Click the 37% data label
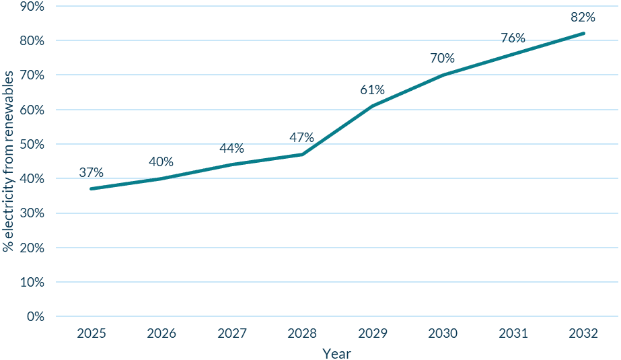(91, 172)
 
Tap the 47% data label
(302, 138)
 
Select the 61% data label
(372, 89)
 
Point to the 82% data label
(583, 17)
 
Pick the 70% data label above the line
(443, 59)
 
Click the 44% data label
(231, 148)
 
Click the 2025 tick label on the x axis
(91, 333)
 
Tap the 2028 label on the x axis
(302, 333)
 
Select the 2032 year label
(583, 333)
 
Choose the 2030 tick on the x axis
(443, 333)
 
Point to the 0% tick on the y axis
(36, 316)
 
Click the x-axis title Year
(336, 353)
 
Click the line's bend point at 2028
(302, 154)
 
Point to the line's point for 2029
(372, 106)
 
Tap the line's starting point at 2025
(91, 188)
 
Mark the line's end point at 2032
(583, 33)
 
